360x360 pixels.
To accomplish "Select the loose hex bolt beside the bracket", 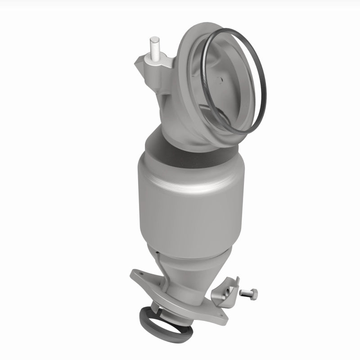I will pos(248,293).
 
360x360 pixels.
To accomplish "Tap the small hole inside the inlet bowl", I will pos(219,80).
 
